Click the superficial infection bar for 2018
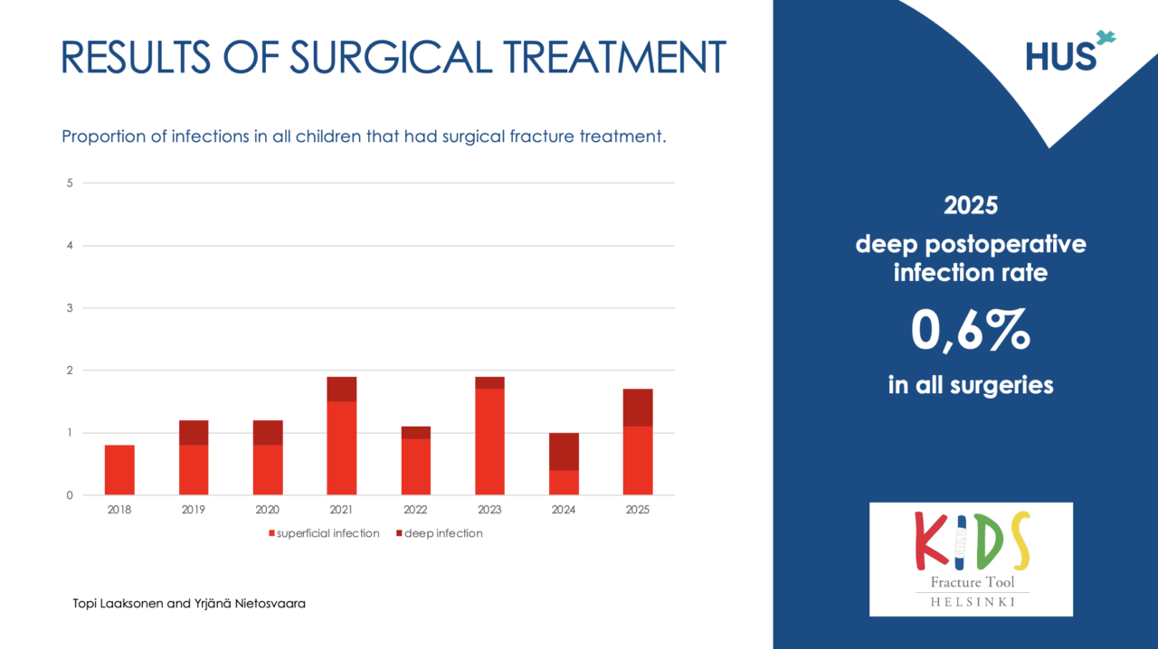point(119,470)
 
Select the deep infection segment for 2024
point(564,451)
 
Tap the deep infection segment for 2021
point(342,389)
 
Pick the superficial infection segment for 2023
point(489,442)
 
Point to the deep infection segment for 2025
point(638,408)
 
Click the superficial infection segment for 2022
point(416,466)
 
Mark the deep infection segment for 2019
point(194,432)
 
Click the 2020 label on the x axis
point(268,510)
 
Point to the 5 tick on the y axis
point(70,183)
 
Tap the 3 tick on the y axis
point(70,308)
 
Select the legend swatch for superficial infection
point(271,533)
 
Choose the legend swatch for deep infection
point(399,533)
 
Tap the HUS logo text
point(1060,57)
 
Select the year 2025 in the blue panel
point(970,205)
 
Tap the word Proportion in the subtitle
point(100,137)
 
